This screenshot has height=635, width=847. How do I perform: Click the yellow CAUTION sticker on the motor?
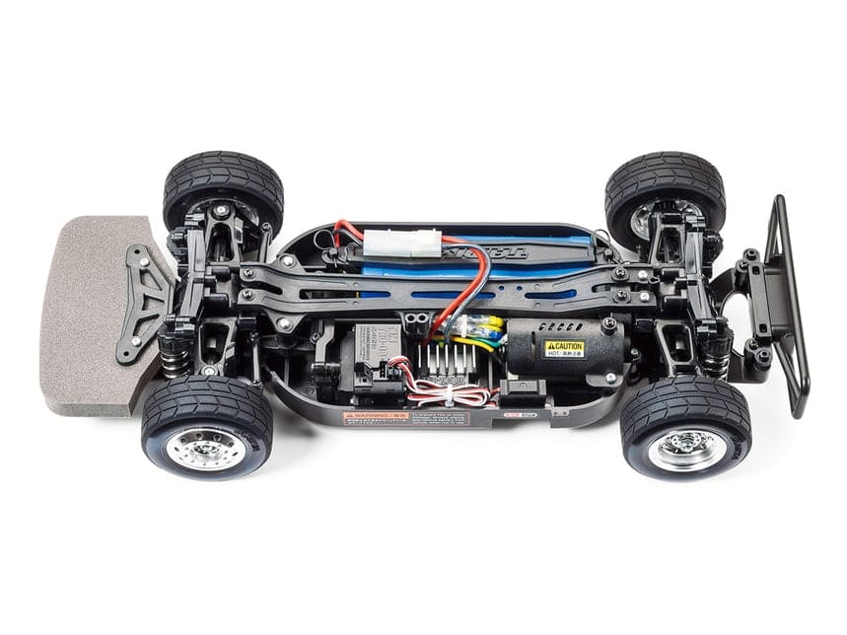point(564,348)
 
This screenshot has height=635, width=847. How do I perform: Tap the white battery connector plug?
point(400,243)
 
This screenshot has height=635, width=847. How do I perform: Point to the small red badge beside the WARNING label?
point(513,415)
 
